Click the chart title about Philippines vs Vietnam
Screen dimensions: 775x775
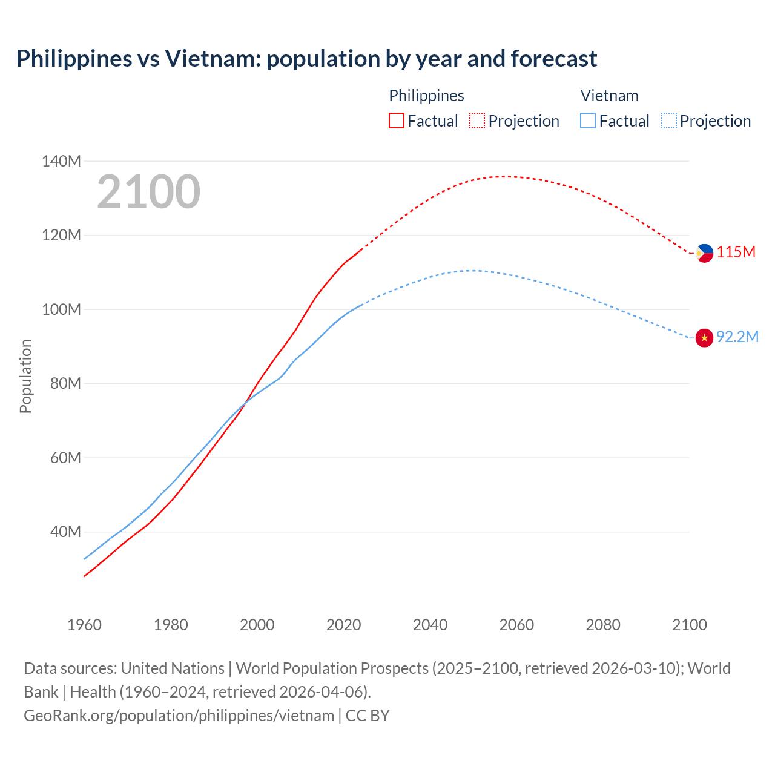[306, 59]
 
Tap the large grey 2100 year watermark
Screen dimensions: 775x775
[148, 192]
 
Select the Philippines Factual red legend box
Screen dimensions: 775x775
[397, 120]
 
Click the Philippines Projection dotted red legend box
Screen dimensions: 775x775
[477, 120]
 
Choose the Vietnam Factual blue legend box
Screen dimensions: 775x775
[588, 120]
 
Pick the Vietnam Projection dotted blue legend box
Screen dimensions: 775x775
[668, 120]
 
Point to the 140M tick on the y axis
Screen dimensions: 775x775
[61, 161]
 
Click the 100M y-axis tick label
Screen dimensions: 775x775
[61, 309]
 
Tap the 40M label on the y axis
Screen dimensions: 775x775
[65, 532]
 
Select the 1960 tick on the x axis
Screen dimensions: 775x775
[84, 625]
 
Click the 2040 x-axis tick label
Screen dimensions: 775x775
[430, 625]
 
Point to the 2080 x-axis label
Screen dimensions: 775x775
[603, 625]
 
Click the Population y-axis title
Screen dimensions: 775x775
[25, 376]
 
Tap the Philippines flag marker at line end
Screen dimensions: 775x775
[704, 253]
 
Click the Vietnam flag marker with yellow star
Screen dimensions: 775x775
[704, 338]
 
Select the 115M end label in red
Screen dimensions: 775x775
[736, 252]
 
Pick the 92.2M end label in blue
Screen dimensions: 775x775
[737, 337]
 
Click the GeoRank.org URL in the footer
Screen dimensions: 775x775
[179, 716]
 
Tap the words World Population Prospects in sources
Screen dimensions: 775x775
[332, 668]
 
